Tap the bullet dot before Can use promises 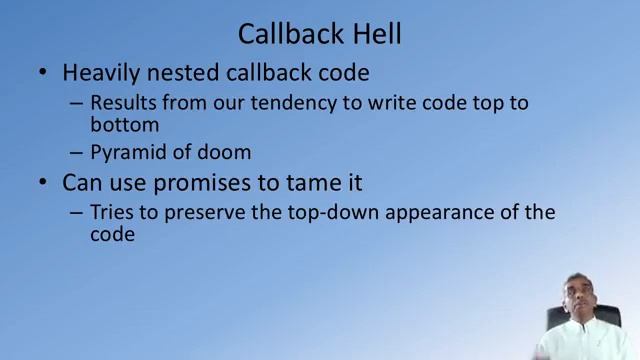click(x=39, y=184)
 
